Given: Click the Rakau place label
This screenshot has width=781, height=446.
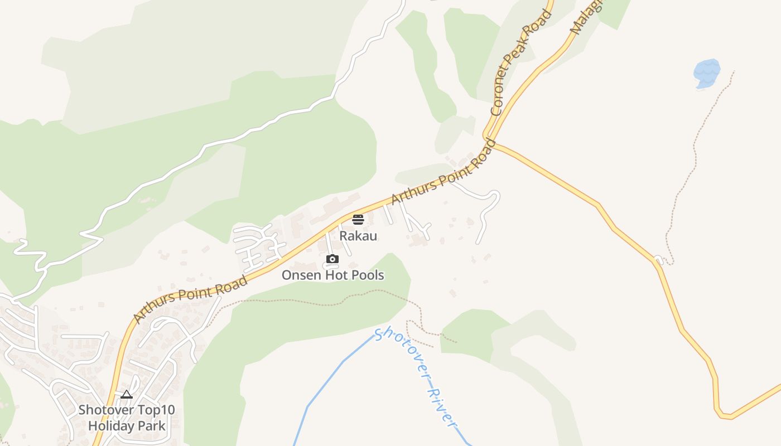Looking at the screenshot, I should [358, 236].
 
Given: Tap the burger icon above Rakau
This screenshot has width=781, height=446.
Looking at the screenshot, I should [358, 219].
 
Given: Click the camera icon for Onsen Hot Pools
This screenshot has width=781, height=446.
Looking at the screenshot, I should [332, 259].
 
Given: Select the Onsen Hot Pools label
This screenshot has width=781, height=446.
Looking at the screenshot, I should [332, 275].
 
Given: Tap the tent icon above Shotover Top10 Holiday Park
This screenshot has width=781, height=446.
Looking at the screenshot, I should [127, 395].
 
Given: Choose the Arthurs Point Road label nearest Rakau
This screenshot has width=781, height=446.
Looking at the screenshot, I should [443, 172].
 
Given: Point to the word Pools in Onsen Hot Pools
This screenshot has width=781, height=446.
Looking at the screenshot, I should [366, 275].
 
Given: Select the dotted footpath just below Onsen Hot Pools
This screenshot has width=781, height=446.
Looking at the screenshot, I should [312, 304].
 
